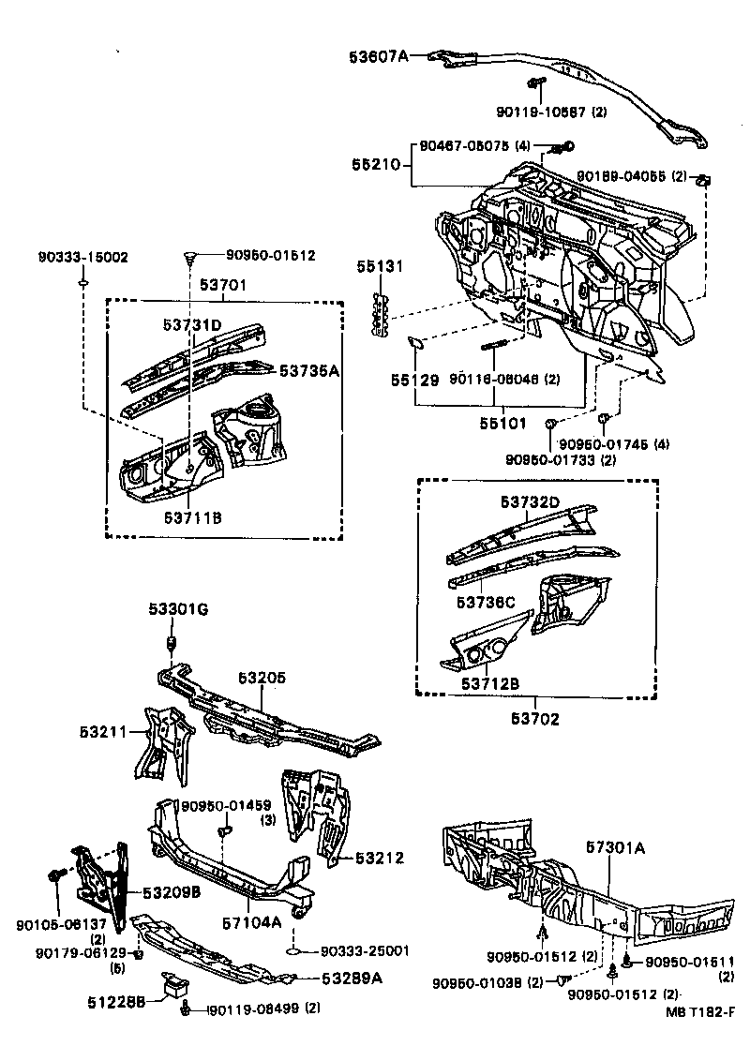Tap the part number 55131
click(x=380, y=267)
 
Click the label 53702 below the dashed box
click(x=535, y=719)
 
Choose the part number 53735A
click(x=308, y=370)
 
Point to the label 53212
click(x=379, y=858)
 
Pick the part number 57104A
click(x=250, y=921)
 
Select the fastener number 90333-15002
click(x=83, y=257)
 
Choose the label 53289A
click(x=352, y=979)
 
